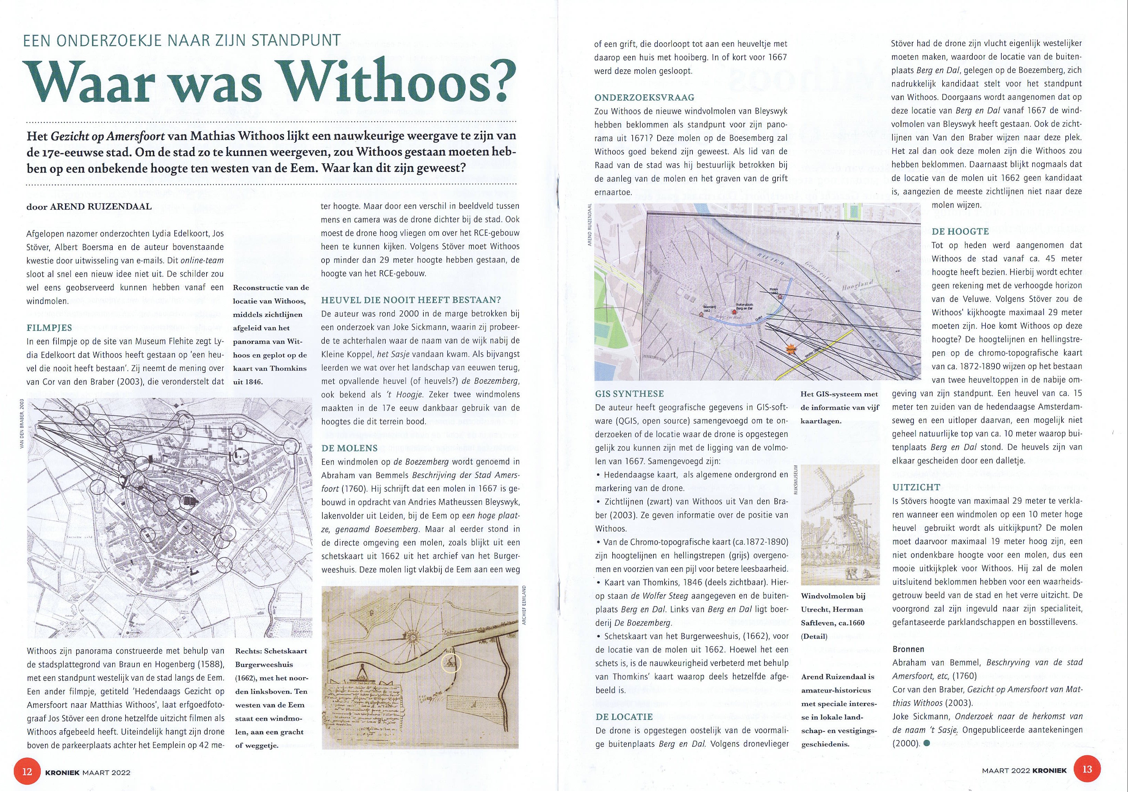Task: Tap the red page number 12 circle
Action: pos(28,771)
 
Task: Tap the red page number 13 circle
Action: pos(1087,768)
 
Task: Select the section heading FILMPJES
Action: pos(49,327)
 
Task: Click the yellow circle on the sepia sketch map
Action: pos(450,663)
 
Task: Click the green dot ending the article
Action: pos(927,743)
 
